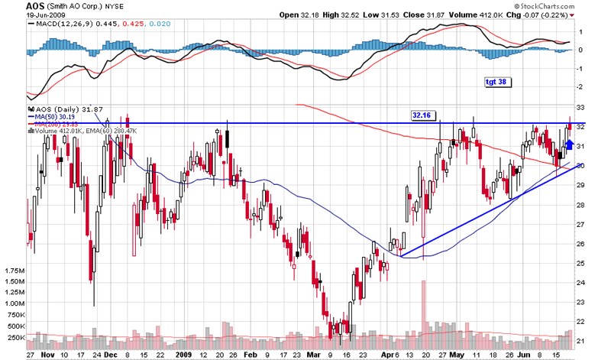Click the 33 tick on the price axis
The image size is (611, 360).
(580, 108)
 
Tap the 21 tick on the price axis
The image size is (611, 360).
(580, 341)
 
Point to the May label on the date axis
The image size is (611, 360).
(457, 355)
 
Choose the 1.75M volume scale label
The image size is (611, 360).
(15, 271)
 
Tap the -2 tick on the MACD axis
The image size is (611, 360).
(580, 88)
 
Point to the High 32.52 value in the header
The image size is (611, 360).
(361, 15)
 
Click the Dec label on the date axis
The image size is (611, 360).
(112, 355)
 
